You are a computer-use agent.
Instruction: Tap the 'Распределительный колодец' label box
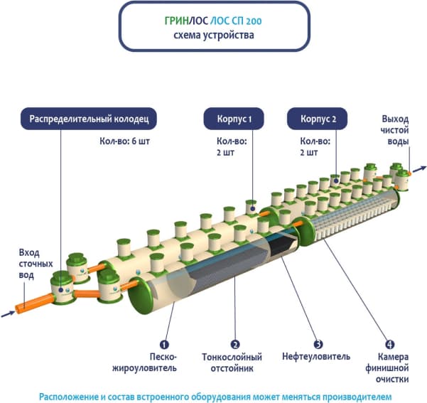click(88, 117)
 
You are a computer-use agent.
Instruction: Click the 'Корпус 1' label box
click(232, 117)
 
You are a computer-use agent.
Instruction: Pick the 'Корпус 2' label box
click(313, 117)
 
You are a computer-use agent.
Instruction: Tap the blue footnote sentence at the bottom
click(215, 395)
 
